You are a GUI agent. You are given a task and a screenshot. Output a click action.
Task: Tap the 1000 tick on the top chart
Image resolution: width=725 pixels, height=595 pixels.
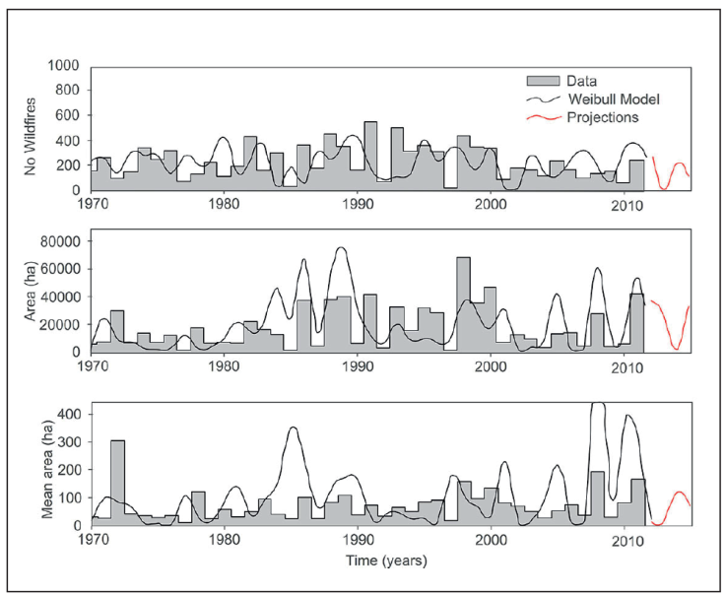pyautogui.click(x=66, y=66)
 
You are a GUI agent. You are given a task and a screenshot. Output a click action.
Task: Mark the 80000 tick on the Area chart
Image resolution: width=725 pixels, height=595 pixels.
pyautogui.click(x=60, y=241)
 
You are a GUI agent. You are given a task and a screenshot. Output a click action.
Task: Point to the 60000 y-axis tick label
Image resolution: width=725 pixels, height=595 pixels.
pyautogui.click(x=60, y=269)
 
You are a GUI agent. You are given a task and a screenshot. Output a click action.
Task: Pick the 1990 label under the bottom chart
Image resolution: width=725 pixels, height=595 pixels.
pyautogui.click(x=359, y=540)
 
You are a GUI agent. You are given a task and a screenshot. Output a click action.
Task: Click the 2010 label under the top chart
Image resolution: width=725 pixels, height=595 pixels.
pyautogui.click(x=626, y=205)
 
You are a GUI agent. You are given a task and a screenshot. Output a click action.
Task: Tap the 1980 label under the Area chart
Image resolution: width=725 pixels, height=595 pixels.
pyautogui.click(x=225, y=365)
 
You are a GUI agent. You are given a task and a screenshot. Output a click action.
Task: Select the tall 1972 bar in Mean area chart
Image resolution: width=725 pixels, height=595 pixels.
pyautogui.click(x=117, y=483)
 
